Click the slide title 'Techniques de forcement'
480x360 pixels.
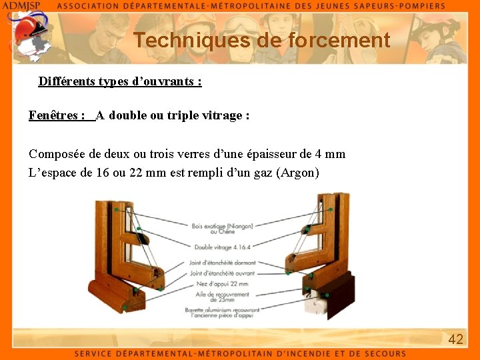[x=261, y=40]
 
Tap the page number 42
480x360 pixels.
[x=455, y=339]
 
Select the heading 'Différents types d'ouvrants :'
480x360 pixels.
[x=120, y=81]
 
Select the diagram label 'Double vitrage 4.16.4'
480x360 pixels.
[x=223, y=247]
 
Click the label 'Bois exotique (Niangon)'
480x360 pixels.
[x=222, y=226]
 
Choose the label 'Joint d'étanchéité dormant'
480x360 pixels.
[x=223, y=263]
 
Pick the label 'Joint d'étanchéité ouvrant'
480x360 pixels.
[x=222, y=273]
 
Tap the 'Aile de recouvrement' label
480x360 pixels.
[x=223, y=294]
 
